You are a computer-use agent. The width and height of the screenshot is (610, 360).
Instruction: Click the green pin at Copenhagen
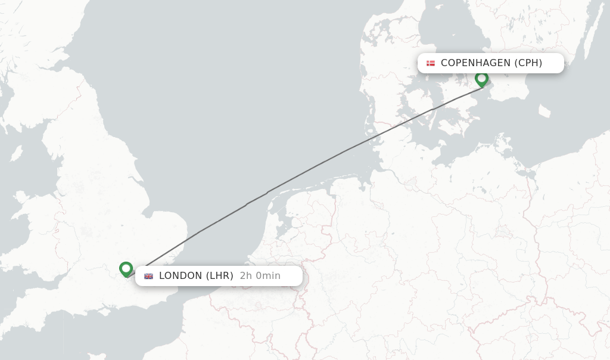[481, 79]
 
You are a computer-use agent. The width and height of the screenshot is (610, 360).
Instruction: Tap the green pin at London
[126, 269]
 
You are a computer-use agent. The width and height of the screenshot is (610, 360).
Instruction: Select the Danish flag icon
[430, 63]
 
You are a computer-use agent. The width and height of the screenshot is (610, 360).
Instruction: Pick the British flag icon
[148, 276]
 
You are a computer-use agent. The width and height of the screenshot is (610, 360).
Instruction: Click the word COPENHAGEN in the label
[475, 63]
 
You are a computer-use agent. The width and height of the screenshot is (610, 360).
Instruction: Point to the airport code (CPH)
[528, 63]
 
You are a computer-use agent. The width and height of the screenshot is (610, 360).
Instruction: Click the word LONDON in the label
[180, 276]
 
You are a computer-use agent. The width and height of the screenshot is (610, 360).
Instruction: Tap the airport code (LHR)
[220, 276]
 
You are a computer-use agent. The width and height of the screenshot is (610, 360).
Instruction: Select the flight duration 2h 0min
[260, 276]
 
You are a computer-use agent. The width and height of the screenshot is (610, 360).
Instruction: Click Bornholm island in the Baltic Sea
[544, 111]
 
